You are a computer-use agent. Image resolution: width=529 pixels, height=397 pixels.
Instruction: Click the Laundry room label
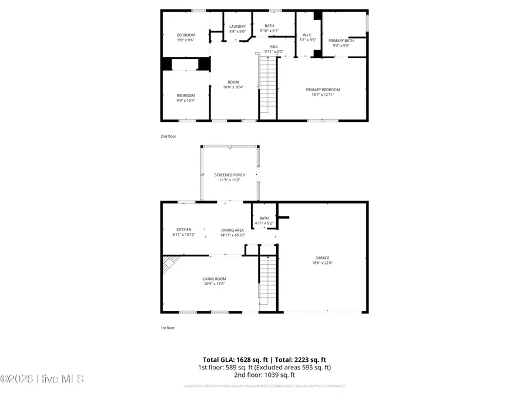[x=237, y=26]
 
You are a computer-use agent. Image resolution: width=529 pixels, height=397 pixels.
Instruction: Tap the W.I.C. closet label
[x=306, y=35]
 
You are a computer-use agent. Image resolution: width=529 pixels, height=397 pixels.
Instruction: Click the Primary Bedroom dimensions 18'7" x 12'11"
[x=323, y=95]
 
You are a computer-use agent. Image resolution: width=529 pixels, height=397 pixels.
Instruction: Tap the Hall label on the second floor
[x=274, y=46]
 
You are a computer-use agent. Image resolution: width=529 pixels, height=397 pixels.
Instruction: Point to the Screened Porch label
[x=230, y=175]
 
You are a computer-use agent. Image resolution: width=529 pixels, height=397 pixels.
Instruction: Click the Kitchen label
[x=184, y=229]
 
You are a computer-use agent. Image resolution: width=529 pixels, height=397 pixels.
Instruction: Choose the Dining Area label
[x=232, y=230]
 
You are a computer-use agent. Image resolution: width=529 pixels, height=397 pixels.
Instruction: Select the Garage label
[x=322, y=257]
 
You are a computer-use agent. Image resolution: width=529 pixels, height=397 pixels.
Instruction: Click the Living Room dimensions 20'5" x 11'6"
[x=215, y=284]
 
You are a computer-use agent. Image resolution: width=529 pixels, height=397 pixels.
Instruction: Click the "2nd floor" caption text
[x=168, y=136]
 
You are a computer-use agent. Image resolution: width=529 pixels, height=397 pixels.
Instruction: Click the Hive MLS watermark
[x=42, y=379]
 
